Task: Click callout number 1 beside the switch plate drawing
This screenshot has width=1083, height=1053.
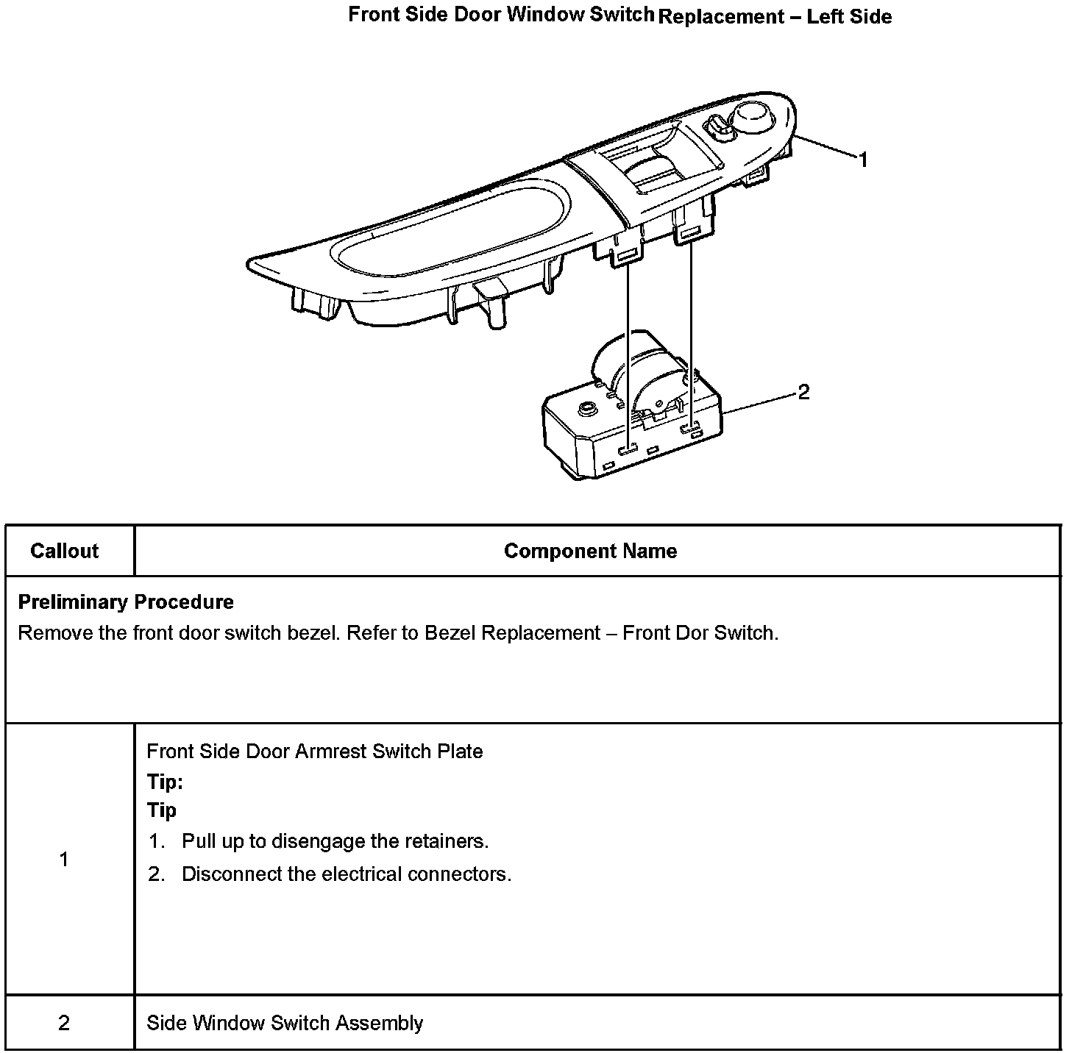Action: [863, 160]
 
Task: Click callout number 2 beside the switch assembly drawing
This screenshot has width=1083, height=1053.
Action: [803, 393]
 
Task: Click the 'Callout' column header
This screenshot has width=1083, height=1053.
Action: [65, 552]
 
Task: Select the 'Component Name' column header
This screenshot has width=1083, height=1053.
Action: [590, 552]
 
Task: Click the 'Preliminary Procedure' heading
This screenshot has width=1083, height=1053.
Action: [126, 602]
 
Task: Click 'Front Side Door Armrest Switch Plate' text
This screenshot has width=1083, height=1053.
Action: [315, 752]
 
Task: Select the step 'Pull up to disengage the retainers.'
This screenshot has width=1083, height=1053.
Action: [335, 841]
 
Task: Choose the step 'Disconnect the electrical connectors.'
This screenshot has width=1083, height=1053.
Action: [346, 874]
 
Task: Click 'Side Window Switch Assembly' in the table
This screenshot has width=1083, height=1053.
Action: [285, 1024]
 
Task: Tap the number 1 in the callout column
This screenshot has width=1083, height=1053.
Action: [64, 860]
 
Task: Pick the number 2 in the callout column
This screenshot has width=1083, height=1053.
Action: [64, 1024]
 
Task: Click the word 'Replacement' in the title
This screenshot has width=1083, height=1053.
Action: [721, 17]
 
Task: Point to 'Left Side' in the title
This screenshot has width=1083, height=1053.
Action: [849, 17]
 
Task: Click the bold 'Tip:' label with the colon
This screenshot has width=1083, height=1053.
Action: [165, 782]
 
